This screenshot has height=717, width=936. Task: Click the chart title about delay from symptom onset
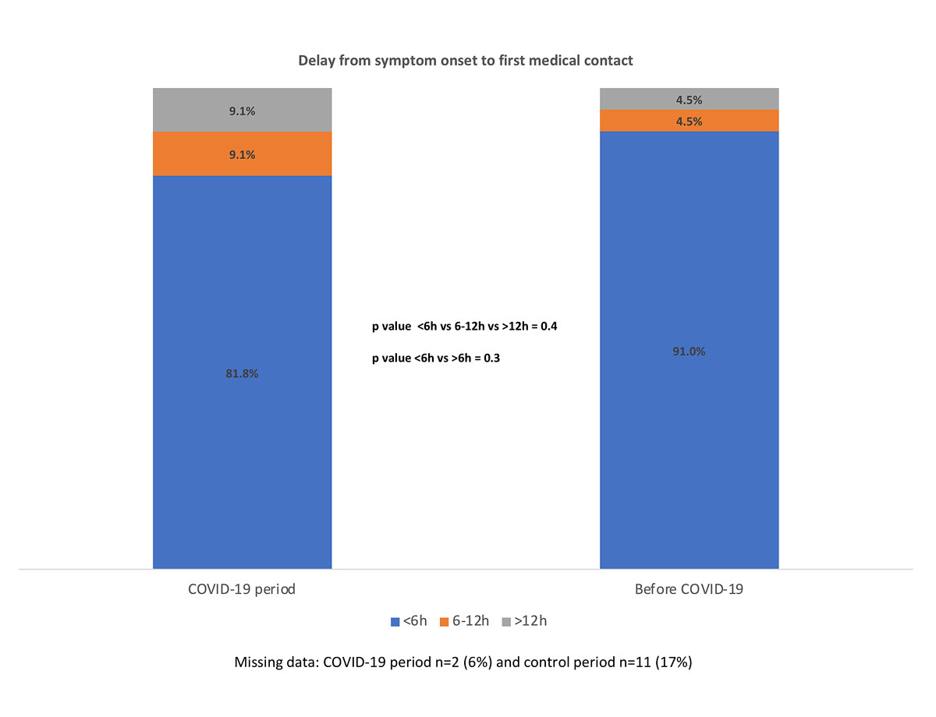pyautogui.click(x=465, y=60)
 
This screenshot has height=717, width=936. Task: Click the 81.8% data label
pyautogui.click(x=242, y=373)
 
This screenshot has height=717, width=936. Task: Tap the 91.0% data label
pyautogui.click(x=689, y=351)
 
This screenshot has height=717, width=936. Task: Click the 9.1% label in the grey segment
pyautogui.click(x=242, y=111)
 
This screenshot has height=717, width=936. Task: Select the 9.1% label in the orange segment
pyautogui.click(x=242, y=154)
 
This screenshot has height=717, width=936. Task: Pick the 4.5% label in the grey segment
pyautogui.click(x=689, y=100)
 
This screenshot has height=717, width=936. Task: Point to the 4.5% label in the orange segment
pyautogui.click(x=689, y=122)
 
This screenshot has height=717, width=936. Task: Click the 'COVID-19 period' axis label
pyautogui.click(x=242, y=589)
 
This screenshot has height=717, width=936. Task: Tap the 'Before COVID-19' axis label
pyautogui.click(x=689, y=589)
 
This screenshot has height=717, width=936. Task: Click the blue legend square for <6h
pyautogui.click(x=394, y=621)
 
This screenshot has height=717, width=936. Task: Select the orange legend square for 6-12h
pyautogui.click(x=445, y=621)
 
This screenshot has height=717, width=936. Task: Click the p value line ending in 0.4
pyautogui.click(x=464, y=327)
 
